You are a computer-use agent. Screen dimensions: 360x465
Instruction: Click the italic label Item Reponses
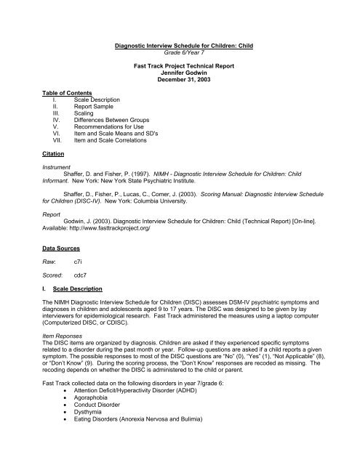coord(52,369)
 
